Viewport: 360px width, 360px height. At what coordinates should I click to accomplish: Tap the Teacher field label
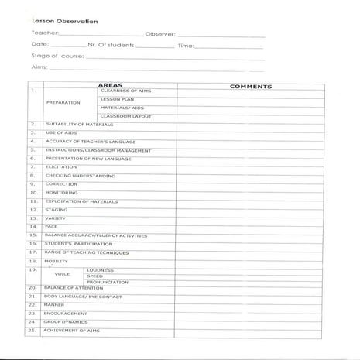click(x=43, y=34)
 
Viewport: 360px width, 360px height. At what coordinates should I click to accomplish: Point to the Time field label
click(x=187, y=46)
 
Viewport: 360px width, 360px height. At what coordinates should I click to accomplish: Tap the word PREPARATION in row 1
click(x=63, y=103)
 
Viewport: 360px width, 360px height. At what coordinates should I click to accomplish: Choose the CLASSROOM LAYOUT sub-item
click(x=125, y=115)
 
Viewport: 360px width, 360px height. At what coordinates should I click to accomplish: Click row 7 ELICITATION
click(x=61, y=166)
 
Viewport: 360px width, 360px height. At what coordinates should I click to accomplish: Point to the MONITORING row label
click(x=61, y=192)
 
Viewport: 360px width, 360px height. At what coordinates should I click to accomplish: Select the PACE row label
click(x=51, y=226)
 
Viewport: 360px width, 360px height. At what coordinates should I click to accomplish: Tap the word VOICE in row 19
click(x=63, y=274)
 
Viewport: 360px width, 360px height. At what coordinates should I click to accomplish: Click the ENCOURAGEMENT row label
click(x=65, y=313)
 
